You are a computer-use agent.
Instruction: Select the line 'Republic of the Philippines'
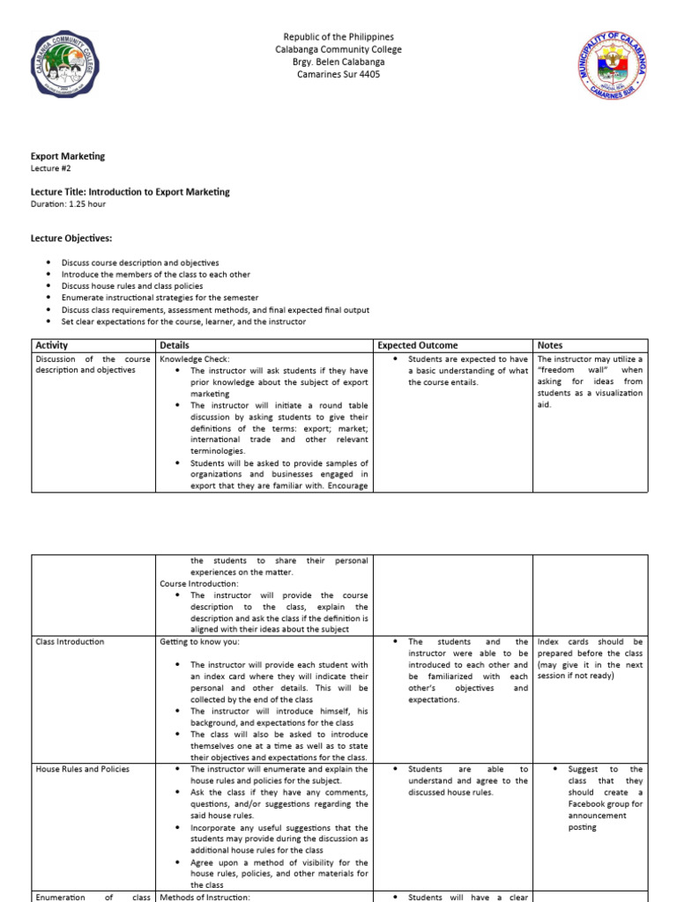338,37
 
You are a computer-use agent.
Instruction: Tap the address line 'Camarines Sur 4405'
338,74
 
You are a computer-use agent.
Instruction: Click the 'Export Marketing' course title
68,156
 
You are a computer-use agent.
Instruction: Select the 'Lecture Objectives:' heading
72,238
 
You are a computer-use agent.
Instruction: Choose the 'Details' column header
175,345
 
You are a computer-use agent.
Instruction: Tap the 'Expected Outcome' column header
417,345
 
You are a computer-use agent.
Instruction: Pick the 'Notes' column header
550,345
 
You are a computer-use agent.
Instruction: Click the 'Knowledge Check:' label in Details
194,359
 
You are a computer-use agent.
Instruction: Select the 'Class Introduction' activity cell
70,641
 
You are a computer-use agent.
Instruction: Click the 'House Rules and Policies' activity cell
82,769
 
